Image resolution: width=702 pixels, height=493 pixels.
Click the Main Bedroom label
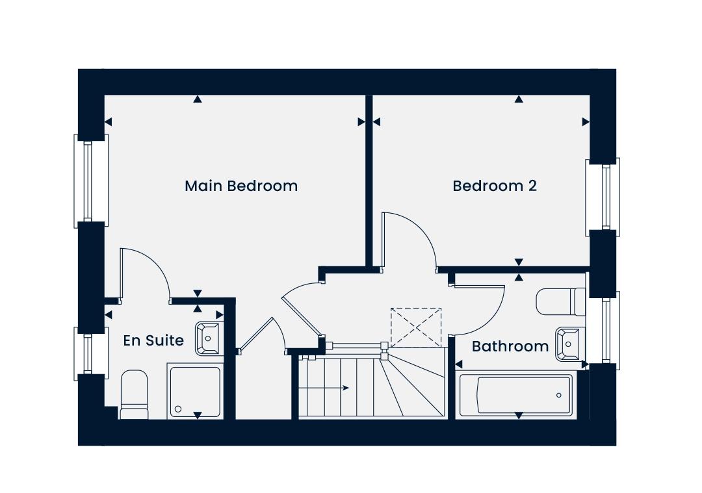[241, 186]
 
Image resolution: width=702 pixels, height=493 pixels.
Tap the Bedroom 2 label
[495, 186]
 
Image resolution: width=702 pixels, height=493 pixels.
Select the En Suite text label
[153, 340]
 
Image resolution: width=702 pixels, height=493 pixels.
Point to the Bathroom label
[510, 346]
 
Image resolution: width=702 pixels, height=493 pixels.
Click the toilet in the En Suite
[134, 394]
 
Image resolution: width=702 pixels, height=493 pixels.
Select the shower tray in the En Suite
[195, 392]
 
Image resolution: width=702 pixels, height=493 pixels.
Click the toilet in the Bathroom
[561, 301]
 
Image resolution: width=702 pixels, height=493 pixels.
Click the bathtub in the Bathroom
[515, 395]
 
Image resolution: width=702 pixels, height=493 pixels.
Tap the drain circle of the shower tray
[178, 409]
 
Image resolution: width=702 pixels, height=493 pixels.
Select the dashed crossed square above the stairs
[416, 327]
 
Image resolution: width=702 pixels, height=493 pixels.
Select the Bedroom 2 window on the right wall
[603, 197]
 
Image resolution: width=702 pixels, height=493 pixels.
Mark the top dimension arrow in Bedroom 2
[519, 99]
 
